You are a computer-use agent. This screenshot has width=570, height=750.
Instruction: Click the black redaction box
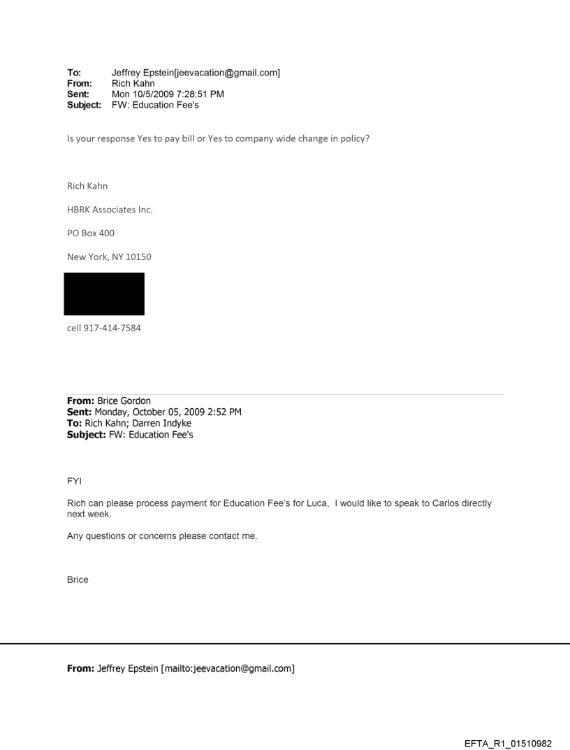[x=104, y=294]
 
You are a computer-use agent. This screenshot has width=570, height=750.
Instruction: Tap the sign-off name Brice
[x=78, y=579]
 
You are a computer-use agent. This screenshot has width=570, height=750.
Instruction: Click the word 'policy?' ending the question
[x=353, y=138]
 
